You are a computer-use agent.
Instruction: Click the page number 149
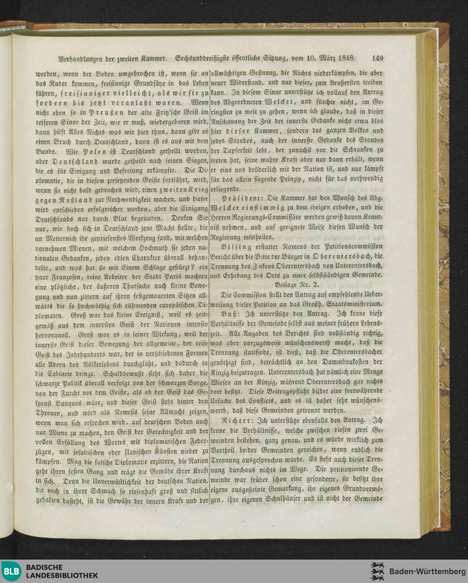[x=377, y=59]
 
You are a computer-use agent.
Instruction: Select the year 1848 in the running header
[x=344, y=59]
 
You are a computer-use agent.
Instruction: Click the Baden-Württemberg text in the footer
[x=427, y=571]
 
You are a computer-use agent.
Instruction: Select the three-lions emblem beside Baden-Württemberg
[x=377, y=571]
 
